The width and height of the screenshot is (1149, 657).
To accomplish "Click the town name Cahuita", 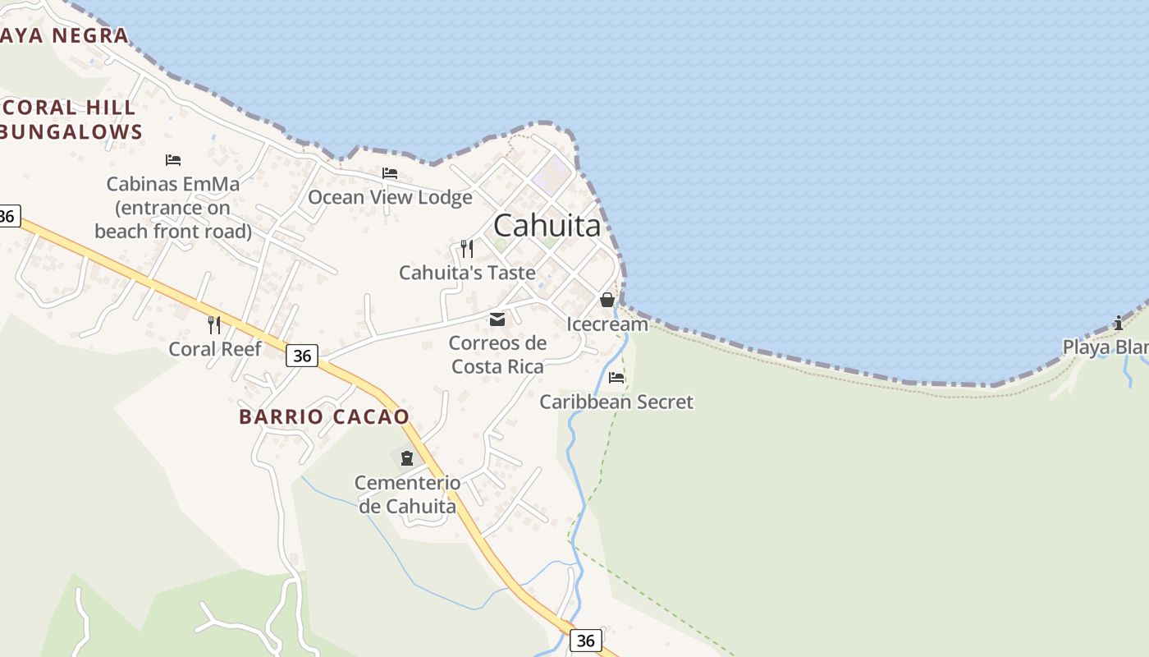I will coord(547,225).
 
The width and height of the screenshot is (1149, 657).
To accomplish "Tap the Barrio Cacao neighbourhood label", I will coord(323,416).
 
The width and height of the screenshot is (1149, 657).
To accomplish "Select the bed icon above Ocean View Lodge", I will coord(390,173).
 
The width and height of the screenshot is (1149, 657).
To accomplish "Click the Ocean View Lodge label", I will coord(390,197).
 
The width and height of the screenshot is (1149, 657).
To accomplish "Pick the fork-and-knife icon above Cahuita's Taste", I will coord(467,248).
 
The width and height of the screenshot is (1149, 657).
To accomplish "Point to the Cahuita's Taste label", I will coord(467,273).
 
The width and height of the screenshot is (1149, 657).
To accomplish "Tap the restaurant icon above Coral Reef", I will coord(214,324).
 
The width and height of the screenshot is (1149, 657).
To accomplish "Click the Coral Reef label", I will coord(215,349).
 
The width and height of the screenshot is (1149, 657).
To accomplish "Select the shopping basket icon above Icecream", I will coord(607,300).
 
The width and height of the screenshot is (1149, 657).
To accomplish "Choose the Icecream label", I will coord(607,324).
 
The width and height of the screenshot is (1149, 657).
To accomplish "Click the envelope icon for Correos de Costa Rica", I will coord(497,319).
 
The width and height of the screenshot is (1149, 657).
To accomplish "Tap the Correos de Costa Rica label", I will coord(498,355).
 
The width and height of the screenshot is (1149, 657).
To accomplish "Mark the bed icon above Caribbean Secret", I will coord(616,378).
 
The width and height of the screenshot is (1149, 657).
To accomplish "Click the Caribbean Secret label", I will coord(616,402).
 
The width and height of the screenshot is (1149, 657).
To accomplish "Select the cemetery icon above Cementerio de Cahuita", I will coord(407,457).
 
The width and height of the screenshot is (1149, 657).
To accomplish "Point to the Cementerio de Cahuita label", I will coord(407,494).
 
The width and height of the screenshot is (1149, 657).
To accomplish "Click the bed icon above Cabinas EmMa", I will coord(172,159).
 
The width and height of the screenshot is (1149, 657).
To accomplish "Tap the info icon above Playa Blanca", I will coord(1118,323).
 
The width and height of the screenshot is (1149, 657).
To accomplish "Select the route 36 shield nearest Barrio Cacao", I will coord(302,355).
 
